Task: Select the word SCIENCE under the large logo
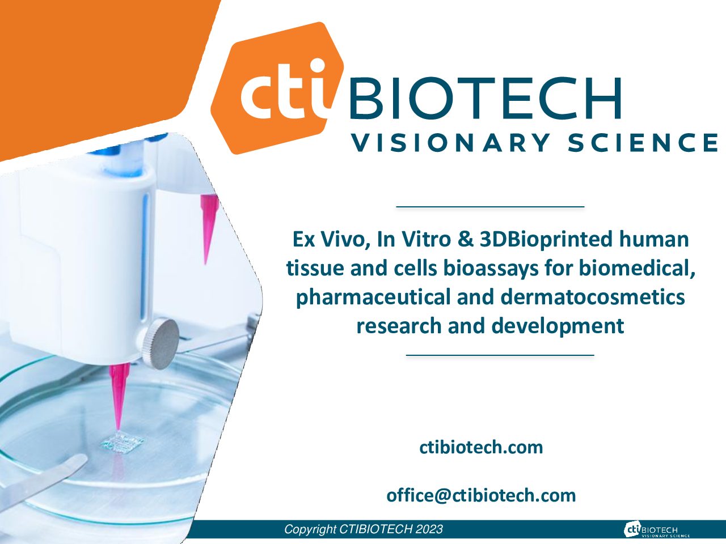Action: tap(643, 143)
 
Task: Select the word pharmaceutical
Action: tap(373, 297)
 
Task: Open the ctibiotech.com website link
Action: tap(481, 448)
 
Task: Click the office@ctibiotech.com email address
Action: tap(481, 495)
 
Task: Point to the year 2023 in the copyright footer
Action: tap(429, 529)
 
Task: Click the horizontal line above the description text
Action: tap(490, 207)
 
